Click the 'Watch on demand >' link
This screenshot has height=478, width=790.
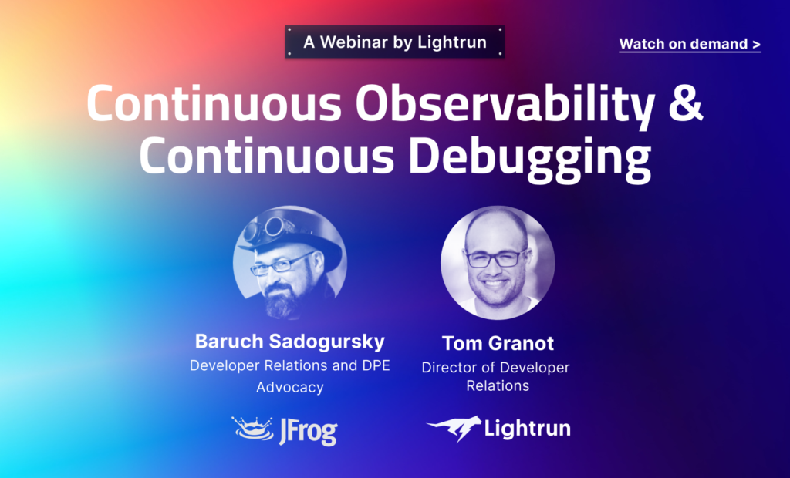click(x=690, y=44)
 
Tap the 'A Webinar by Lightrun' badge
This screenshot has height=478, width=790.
click(x=395, y=42)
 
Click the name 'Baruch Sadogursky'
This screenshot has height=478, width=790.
click(x=289, y=341)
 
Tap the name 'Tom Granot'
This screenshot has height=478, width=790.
click(x=498, y=343)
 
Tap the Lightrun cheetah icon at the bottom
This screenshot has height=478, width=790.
click(x=454, y=429)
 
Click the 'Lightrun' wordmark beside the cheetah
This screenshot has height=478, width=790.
click(x=528, y=429)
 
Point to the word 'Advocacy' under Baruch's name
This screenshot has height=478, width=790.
click(x=290, y=387)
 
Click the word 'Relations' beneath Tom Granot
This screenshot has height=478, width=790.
click(x=498, y=385)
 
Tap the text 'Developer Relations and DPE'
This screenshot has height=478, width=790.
click(x=290, y=365)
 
